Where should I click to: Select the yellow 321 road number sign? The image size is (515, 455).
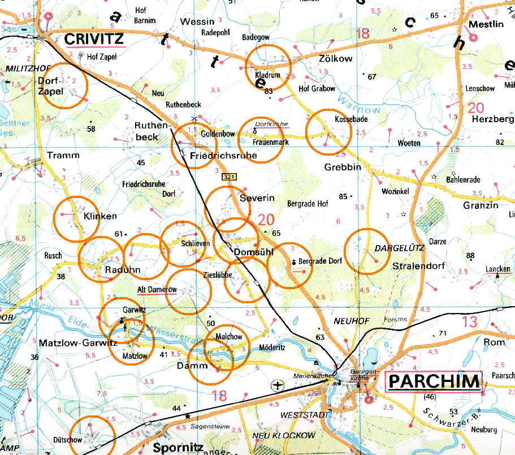coord(229,177)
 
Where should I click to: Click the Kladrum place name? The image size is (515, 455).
coord(268,74)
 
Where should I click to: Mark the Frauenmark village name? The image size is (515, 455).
coord(271,142)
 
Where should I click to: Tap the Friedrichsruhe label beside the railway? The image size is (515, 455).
coord(224,155)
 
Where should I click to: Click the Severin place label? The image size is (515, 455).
coord(257,198)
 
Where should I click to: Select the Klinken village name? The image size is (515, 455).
coord(100,216)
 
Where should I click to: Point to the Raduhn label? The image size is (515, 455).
coord(123,270)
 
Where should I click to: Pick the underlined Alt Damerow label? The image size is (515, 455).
coord(158,290)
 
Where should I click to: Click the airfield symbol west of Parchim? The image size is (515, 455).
coord(278,386)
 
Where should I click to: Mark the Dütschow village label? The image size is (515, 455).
coord(68,440)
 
